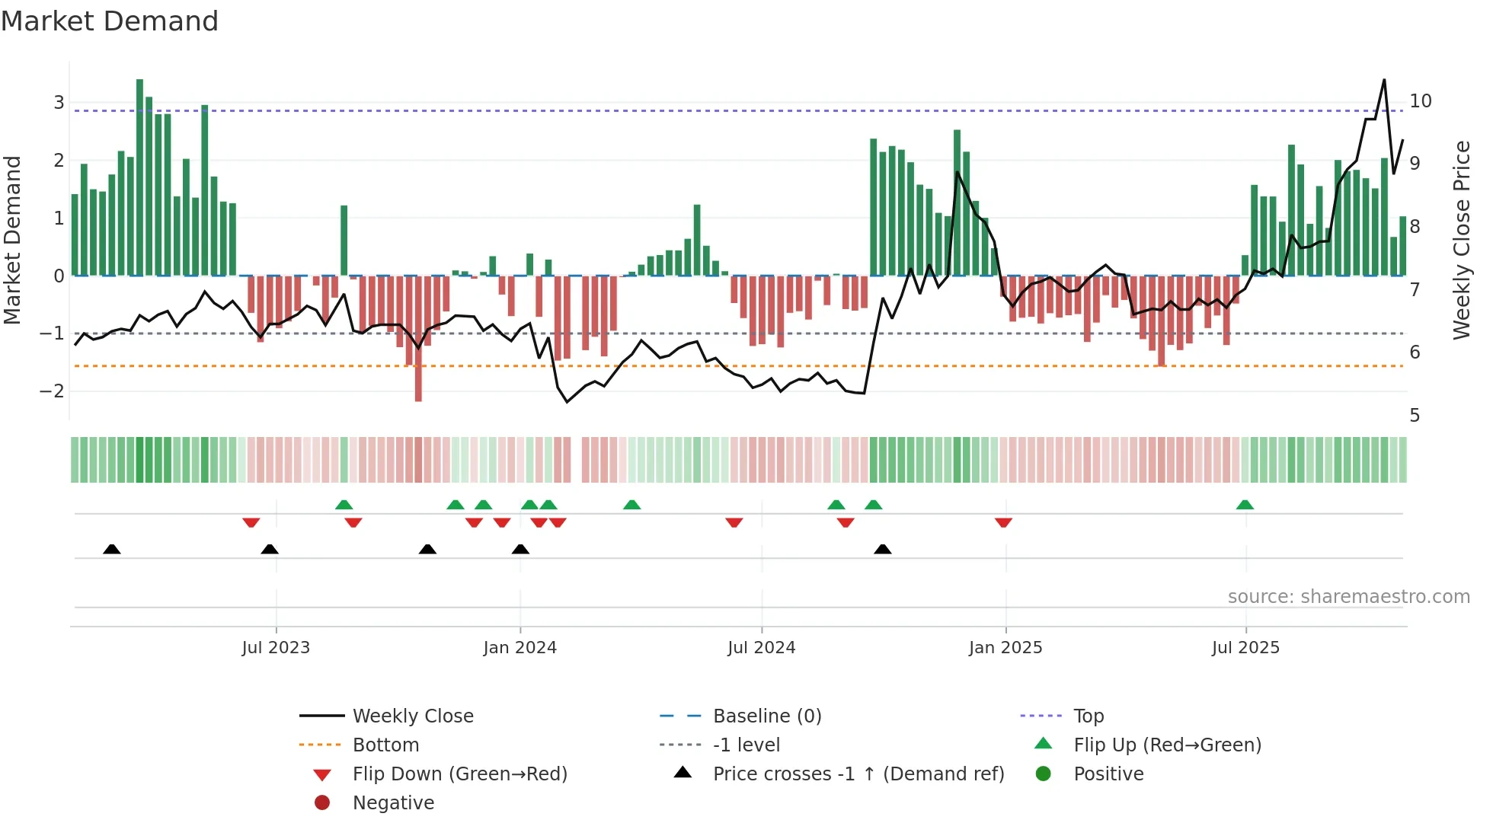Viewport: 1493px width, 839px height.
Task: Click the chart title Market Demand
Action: (110, 21)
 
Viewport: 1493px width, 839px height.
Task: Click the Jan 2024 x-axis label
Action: (520, 648)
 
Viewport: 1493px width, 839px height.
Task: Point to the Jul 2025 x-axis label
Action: (1245, 648)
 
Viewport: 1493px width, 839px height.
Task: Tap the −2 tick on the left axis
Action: (53, 391)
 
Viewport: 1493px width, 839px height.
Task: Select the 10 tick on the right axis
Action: (1420, 101)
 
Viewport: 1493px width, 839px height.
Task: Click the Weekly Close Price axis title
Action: (1461, 240)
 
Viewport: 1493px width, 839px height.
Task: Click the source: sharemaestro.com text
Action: (1348, 597)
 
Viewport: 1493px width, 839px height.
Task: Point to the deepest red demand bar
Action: (418, 339)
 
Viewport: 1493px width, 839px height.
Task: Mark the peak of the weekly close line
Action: (1384, 80)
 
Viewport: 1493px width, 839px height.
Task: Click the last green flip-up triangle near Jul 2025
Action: (1245, 505)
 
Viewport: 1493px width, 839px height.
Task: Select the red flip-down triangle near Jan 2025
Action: (1003, 522)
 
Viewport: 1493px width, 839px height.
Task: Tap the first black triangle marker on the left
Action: (112, 549)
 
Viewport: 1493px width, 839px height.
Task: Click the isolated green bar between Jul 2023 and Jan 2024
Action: (344, 240)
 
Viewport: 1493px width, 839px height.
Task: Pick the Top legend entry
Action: (1089, 716)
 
